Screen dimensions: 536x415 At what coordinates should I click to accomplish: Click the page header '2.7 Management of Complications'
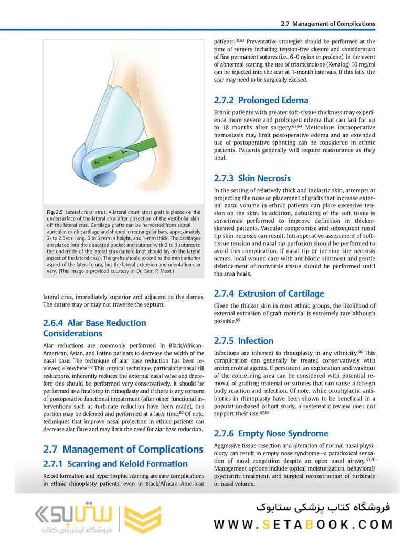click(x=328, y=24)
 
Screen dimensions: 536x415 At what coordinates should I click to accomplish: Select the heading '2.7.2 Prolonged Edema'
click(x=261, y=100)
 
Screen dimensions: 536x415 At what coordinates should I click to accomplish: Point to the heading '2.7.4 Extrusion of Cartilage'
click(x=269, y=293)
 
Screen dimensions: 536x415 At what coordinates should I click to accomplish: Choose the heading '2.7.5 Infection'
click(x=243, y=341)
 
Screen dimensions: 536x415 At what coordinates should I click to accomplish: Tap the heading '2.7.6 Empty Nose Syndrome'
click(x=271, y=433)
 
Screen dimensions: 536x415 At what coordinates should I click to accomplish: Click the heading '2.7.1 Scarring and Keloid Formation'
click(x=115, y=464)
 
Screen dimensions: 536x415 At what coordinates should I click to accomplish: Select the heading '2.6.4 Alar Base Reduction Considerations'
click(x=94, y=328)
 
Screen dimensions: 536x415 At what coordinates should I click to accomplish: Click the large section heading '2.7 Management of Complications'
click(x=123, y=449)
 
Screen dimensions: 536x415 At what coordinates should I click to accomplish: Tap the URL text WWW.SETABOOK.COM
click(x=303, y=524)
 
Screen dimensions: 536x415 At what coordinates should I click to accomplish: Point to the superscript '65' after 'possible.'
click(x=238, y=319)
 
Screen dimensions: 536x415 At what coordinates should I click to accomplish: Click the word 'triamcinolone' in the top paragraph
click(x=310, y=64)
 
